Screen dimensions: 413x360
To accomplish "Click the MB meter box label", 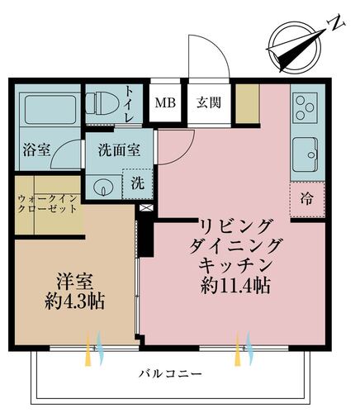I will click(166, 103).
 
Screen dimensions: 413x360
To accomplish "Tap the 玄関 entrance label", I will click(207, 103).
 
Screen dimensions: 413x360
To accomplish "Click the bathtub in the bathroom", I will click(48, 111).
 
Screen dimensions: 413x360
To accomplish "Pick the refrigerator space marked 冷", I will click(307, 198).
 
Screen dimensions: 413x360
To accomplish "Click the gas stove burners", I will click(305, 109).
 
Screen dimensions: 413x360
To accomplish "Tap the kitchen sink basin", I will click(306, 154).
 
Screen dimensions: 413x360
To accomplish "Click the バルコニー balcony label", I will click(171, 374).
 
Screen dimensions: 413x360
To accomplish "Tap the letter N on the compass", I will click(335, 22).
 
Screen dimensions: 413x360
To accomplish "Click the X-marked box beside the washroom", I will click(146, 209).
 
